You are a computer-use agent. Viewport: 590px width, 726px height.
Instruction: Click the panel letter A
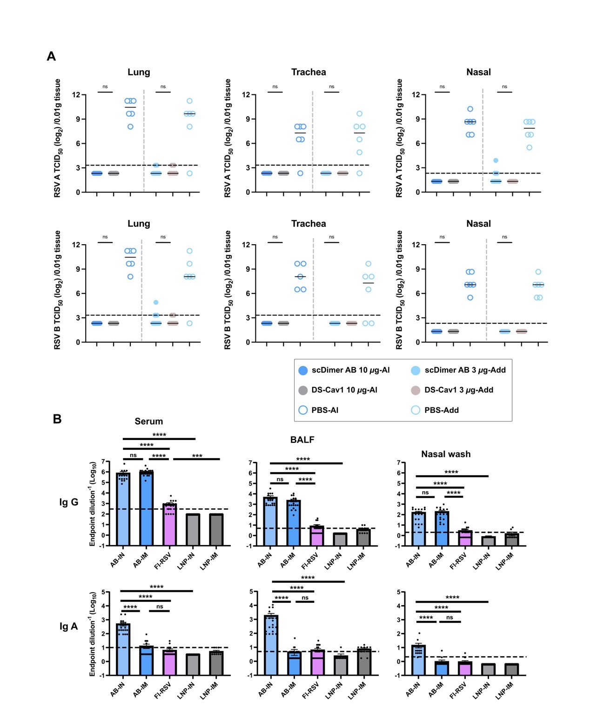pos(51,56)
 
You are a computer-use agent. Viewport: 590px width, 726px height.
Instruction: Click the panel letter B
pos(57,419)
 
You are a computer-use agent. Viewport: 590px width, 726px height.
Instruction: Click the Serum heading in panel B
pos(149,421)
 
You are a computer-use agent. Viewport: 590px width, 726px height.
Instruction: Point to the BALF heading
pos(302,440)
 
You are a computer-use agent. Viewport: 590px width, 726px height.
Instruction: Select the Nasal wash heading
pos(446,454)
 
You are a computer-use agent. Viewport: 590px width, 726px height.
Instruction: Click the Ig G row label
pos(69,502)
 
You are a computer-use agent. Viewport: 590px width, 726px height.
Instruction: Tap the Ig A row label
pos(68,626)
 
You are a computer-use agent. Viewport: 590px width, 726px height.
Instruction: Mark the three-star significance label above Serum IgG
pos(197,456)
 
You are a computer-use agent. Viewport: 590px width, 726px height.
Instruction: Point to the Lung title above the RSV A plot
pos(139,72)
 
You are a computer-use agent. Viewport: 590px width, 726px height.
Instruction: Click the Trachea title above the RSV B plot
pos(308,224)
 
